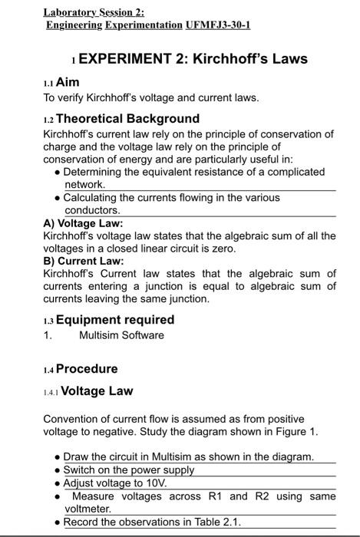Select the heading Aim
coord(67,82)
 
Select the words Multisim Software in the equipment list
coord(121,335)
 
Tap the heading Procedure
coord(87,369)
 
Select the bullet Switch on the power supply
coord(128,470)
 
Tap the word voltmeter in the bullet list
coord(88,509)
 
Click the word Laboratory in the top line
coord(66,12)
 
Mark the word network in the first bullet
coord(84,185)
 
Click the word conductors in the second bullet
coord(92,210)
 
